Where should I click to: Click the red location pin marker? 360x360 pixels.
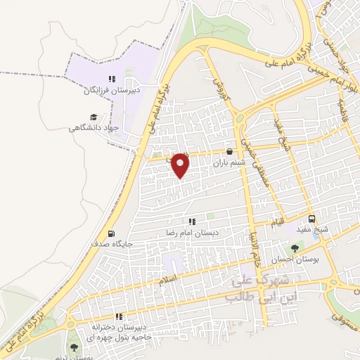tap(181, 165)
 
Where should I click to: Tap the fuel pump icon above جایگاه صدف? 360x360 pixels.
tap(110, 234)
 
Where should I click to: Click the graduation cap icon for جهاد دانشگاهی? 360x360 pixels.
tap(93, 117)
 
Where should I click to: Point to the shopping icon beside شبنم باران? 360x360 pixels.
tap(229, 151)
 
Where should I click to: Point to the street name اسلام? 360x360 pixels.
tap(168, 279)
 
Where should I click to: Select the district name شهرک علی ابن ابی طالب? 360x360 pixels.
tap(252, 288)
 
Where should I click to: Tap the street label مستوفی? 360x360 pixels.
tap(338, 321)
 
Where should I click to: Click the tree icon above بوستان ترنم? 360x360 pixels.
tap(74, 347)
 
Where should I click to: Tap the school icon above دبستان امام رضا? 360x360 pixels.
tap(192, 221)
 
